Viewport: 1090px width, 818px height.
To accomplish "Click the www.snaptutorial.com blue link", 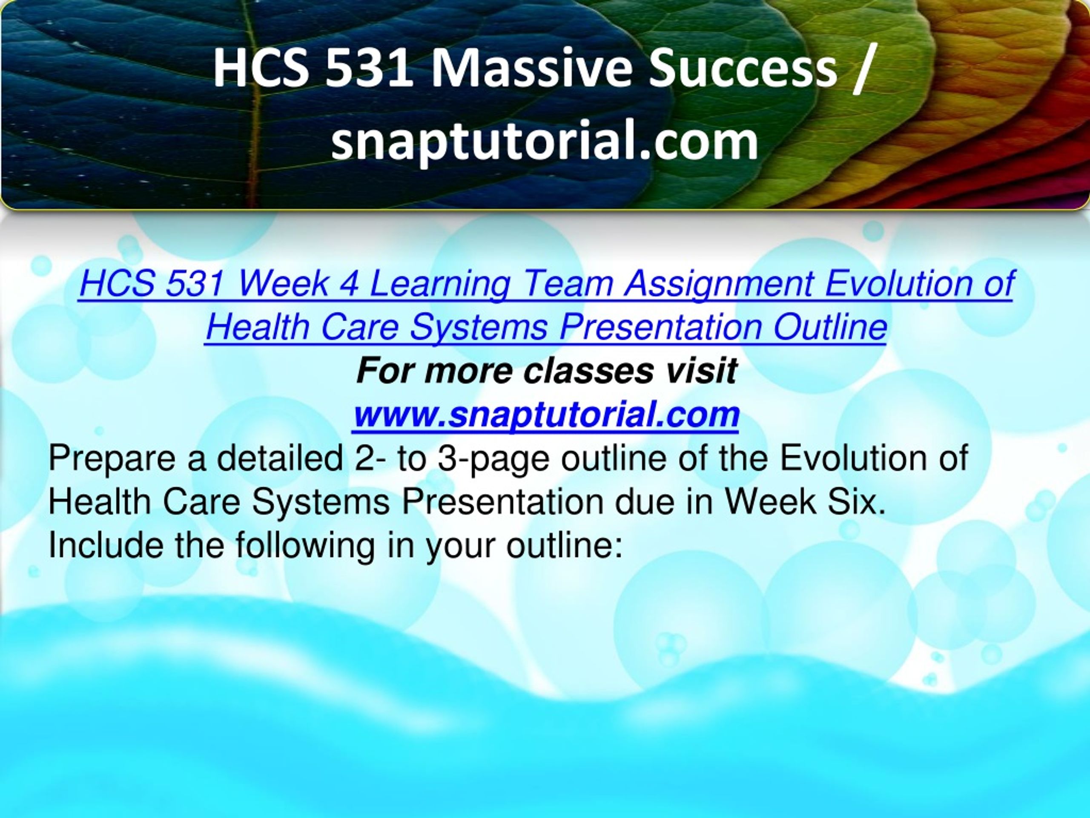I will [545, 415].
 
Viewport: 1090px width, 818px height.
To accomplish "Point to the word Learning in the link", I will [439, 285].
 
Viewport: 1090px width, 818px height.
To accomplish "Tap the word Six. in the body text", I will [852, 502].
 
